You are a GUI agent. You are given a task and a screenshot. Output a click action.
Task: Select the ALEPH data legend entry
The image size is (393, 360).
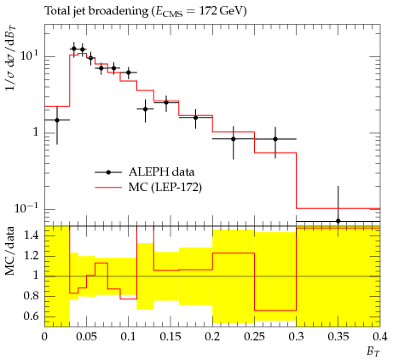(x=145, y=172)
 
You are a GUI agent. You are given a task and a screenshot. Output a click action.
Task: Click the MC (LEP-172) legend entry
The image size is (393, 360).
(x=148, y=188)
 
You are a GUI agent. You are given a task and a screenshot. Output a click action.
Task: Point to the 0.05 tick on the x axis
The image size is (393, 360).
(x=86, y=337)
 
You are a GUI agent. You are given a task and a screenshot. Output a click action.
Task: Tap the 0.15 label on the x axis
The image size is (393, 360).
(x=170, y=337)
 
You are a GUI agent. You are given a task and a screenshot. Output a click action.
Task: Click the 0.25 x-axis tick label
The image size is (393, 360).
(x=254, y=337)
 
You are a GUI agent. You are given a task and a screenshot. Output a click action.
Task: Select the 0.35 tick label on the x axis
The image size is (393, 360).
(x=338, y=337)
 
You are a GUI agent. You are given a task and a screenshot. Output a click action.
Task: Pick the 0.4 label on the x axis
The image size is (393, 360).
(x=380, y=337)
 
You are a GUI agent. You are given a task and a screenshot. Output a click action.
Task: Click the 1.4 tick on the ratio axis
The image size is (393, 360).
(x=31, y=235)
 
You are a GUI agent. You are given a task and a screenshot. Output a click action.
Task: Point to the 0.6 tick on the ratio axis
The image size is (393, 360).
(x=31, y=316)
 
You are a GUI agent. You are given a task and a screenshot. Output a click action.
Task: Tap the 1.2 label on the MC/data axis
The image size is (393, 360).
(x=31, y=256)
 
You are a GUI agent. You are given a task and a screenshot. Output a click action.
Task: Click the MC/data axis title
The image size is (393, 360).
(x=10, y=251)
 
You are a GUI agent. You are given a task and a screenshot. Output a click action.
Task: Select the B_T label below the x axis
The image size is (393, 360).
(x=373, y=351)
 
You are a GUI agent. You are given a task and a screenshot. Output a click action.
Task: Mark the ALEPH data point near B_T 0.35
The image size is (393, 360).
(x=338, y=221)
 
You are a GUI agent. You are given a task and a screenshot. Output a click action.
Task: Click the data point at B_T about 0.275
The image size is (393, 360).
(x=275, y=139)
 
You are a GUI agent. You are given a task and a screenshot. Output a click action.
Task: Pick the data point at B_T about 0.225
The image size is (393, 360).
(x=234, y=139)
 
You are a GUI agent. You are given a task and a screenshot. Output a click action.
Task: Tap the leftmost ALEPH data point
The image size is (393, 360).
(x=57, y=120)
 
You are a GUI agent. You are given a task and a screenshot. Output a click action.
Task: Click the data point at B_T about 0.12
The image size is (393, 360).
(x=145, y=109)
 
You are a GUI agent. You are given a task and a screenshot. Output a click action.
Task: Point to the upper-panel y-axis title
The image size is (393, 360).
(x=11, y=58)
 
